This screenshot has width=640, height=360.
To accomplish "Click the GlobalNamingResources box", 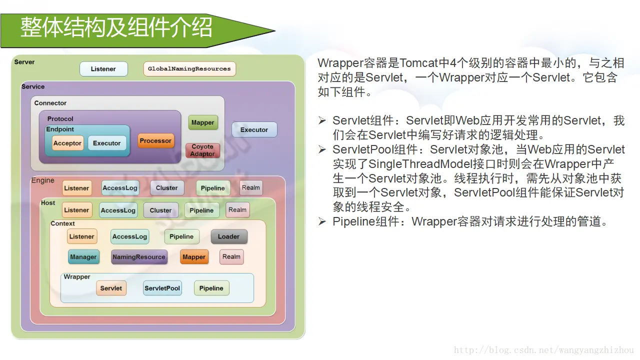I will click(189, 69).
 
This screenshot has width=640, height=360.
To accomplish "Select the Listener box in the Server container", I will click(103, 69).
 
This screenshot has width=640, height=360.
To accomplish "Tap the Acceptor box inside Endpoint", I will click(67, 143).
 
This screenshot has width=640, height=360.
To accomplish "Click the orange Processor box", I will click(155, 141).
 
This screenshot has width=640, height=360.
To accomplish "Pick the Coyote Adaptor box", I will click(202, 150).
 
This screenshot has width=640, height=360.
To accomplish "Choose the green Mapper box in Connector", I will click(202, 122).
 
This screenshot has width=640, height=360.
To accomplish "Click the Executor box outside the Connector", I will click(254, 130).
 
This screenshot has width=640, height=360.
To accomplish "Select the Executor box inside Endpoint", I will click(107, 143).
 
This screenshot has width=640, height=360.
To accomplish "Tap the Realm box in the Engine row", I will click(251, 188).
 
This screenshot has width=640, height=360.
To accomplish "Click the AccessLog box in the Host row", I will click(118, 210).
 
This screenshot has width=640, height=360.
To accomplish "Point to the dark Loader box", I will click(228, 236).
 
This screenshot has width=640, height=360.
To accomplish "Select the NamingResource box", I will click(139, 257).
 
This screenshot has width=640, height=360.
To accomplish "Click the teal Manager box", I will click(83, 257).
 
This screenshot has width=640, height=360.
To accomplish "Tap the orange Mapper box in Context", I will click(194, 257).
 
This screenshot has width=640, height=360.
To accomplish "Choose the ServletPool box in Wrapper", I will click(162, 288).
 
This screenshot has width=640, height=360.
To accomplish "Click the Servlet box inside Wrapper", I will click(111, 288).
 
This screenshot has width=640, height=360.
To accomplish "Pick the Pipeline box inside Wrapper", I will click(211, 288).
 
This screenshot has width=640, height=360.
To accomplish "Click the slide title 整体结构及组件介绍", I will click(116, 28).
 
